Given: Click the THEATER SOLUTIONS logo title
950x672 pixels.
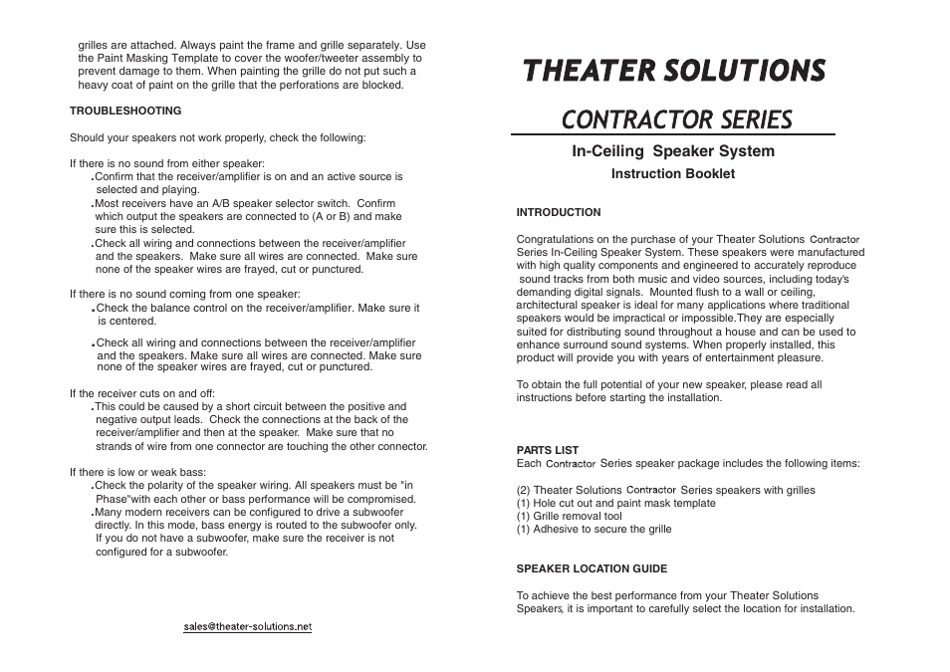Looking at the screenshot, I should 674,71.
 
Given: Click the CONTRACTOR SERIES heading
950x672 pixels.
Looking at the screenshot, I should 676,119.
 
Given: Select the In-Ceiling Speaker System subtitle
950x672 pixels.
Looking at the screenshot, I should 672,151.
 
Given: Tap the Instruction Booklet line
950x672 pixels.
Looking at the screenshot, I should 672,174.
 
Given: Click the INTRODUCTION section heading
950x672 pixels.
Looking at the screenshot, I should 558,212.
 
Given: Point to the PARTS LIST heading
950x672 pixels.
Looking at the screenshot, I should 547,450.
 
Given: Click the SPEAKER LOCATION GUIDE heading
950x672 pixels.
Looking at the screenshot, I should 592,568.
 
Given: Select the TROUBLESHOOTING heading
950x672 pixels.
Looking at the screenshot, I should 124,111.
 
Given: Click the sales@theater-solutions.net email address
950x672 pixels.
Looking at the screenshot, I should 247,626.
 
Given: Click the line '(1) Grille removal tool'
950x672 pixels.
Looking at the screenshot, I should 569,516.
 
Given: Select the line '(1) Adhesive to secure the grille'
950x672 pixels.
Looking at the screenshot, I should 594,530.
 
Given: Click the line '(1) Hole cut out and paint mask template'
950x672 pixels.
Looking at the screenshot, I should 615,503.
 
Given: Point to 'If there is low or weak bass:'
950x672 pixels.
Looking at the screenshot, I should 137,472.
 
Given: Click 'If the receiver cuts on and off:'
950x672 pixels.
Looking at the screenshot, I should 141,393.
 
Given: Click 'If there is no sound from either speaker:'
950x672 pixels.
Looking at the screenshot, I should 166,163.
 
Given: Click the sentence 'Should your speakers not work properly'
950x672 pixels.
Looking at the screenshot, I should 217,137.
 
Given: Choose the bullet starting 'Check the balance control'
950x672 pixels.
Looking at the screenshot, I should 257,309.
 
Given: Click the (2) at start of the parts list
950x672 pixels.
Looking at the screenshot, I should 523,490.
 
